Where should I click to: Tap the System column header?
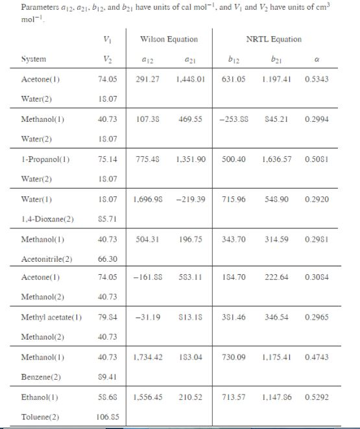coord(33,59)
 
